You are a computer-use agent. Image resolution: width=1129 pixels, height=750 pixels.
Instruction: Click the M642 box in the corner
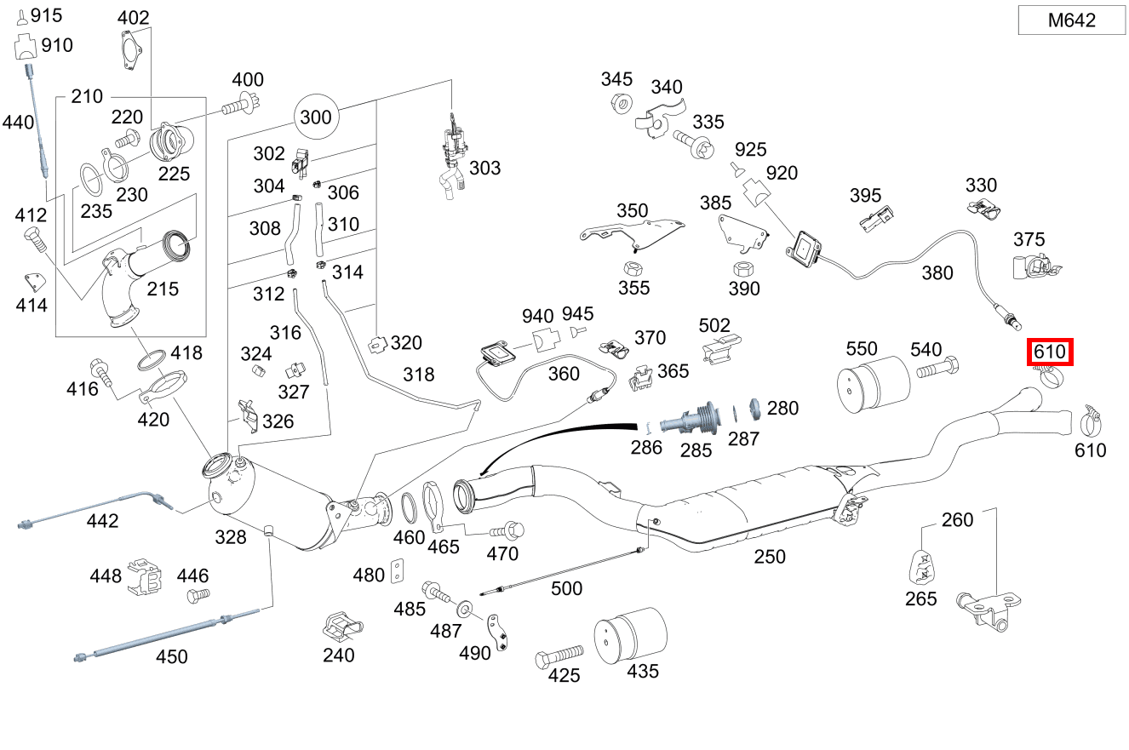(1071, 20)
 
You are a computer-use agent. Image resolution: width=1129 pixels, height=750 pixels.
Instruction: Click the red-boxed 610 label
(1049, 351)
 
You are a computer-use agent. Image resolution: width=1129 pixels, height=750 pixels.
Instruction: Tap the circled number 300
(317, 117)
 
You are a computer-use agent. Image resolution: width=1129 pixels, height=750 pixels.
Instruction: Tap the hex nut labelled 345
(622, 105)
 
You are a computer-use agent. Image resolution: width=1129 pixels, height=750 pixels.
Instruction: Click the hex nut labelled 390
(741, 269)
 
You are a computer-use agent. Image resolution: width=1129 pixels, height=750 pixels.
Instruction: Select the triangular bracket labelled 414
(34, 281)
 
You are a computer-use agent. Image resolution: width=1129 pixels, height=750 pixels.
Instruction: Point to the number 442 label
(102, 520)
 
